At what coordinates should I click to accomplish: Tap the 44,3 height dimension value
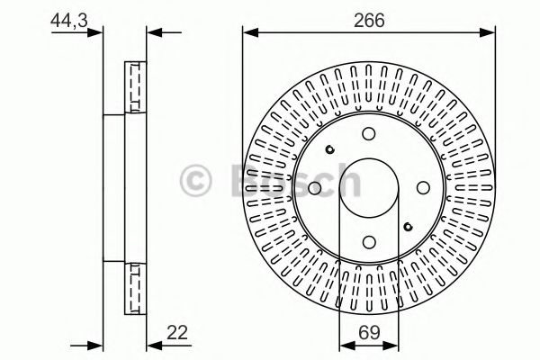coord(67,19)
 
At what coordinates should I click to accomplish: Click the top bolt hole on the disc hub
coord(369,133)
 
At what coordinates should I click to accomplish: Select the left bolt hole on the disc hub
coord(315,187)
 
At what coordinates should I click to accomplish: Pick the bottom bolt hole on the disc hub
coord(369,241)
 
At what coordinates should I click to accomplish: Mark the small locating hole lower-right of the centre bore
coord(408,226)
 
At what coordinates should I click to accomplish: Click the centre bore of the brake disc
coord(369,187)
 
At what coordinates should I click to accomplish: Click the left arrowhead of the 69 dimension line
coord(345,345)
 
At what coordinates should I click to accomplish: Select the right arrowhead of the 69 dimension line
coord(393,345)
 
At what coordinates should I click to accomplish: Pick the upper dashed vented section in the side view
coord(135,86)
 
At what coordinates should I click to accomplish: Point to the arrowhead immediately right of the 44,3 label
coord(97,34)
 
